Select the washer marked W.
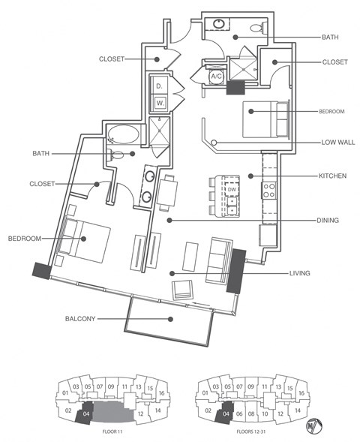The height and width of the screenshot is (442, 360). (x=160, y=103)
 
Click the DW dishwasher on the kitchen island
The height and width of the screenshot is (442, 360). (x=231, y=189)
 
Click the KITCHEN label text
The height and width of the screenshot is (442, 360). (x=331, y=176)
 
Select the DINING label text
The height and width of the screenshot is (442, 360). (x=328, y=221)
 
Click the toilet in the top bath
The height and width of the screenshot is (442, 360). (x=255, y=29)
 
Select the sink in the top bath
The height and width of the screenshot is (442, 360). (x=218, y=23)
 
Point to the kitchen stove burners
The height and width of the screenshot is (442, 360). (x=268, y=191)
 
